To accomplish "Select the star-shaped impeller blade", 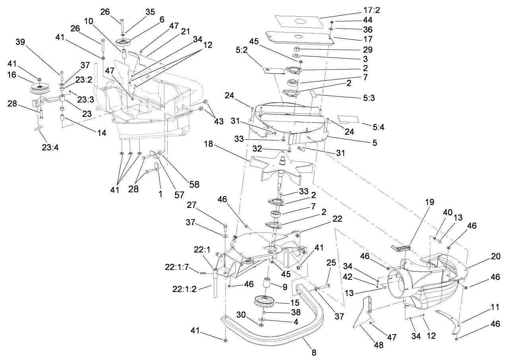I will tap(278, 167).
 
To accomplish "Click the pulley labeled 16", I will tap(40, 88).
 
